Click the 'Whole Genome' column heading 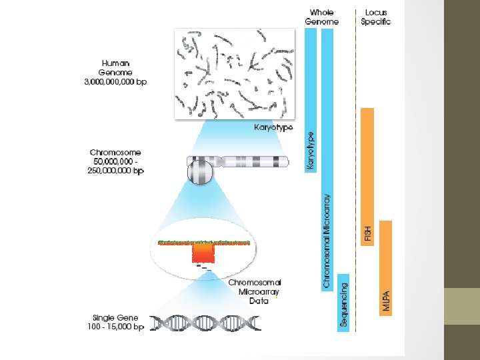tap(322, 17)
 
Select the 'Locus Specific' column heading tap(375, 17)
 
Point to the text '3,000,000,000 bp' tap(116, 82)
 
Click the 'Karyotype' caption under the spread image tap(273, 127)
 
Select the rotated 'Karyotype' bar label tap(311, 149)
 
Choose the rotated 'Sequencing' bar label tap(344, 305)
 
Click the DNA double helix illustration tap(206, 323)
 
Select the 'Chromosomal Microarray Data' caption tap(255, 291)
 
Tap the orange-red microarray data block tap(204, 252)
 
